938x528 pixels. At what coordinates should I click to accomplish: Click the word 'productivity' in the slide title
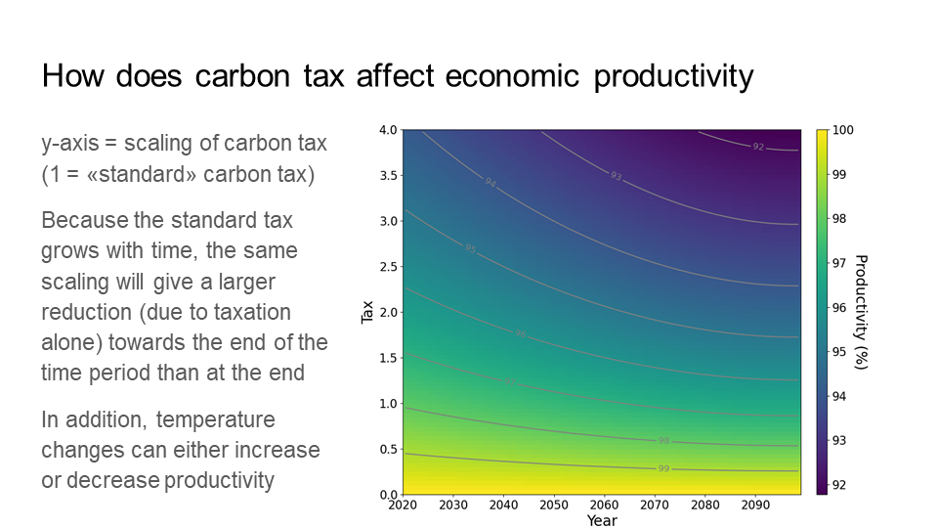pyautogui.click(x=673, y=76)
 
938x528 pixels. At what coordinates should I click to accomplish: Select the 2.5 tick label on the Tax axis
pyautogui.click(x=387, y=267)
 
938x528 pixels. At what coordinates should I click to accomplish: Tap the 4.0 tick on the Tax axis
pyautogui.click(x=387, y=130)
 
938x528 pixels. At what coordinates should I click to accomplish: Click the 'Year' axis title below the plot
pyautogui.click(x=602, y=520)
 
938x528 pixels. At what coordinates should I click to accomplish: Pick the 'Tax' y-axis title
pyautogui.click(x=367, y=312)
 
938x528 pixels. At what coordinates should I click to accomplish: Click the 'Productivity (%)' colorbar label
pyautogui.click(x=861, y=312)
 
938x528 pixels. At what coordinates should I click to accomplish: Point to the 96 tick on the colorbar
pyautogui.click(x=838, y=308)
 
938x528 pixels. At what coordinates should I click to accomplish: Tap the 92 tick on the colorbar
pyautogui.click(x=838, y=485)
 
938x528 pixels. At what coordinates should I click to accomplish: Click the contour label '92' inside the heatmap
pyautogui.click(x=758, y=147)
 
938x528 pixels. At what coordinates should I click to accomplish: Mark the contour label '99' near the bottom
pyautogui.click(x=663, y=469)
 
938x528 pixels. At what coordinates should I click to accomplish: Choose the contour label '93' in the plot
pyautogui.click(x=616, y=176)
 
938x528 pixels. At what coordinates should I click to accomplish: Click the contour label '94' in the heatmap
pyautogui.click(x=490, y=182)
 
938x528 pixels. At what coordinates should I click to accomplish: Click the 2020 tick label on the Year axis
pyautogui.click(x=402, y=506)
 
